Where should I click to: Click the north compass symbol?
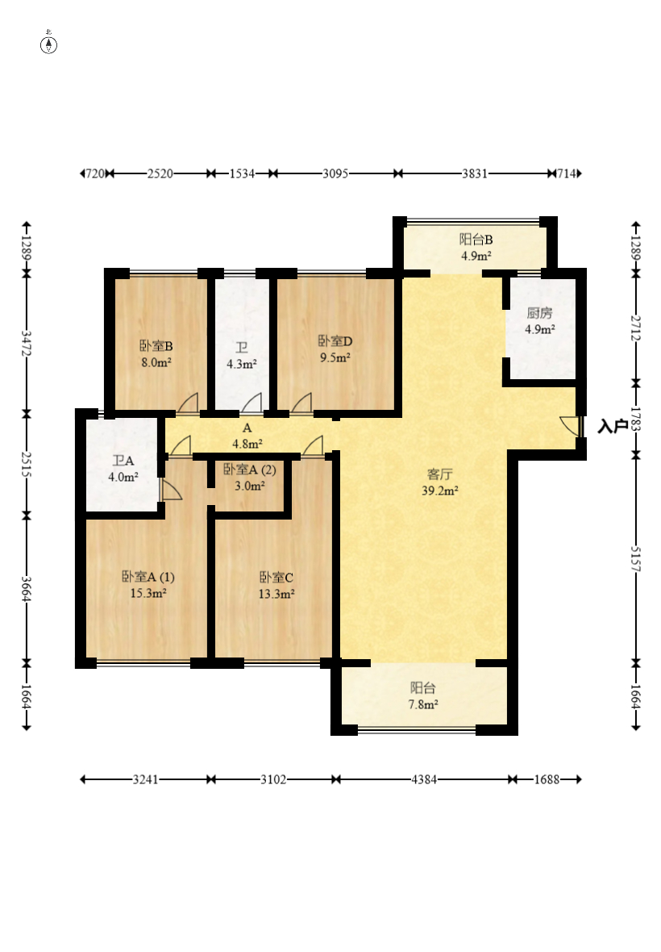(x=48, y=44)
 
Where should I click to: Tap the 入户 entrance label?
(x=613, y=426)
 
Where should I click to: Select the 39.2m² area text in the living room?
(x=439, y=491)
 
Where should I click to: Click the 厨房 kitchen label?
(x=539, y=313)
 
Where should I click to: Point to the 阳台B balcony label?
(x=476, y=240)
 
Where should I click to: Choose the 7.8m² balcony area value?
(x=423, y=704)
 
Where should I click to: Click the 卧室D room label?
(x=335, y=341)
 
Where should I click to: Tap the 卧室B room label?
(x=156, y=346)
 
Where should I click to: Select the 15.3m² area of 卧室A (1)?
(x=148, y=593)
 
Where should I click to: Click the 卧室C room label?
(x=276, y=578)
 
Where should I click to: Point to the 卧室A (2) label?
(x=249, y=470)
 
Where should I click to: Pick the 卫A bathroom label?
(x=123, y=461)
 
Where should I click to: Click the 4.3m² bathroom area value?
(x=241, y=365)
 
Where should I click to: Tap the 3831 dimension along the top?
(x=475, y=173)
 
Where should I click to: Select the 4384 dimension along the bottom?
(x=424, y=779)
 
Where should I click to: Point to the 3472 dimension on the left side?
(x=27, y=343)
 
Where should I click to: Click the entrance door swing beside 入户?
(x=571, y=426)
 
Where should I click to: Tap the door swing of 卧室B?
(x=187, y=403)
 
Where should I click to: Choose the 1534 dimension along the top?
(x=242, y=173)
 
